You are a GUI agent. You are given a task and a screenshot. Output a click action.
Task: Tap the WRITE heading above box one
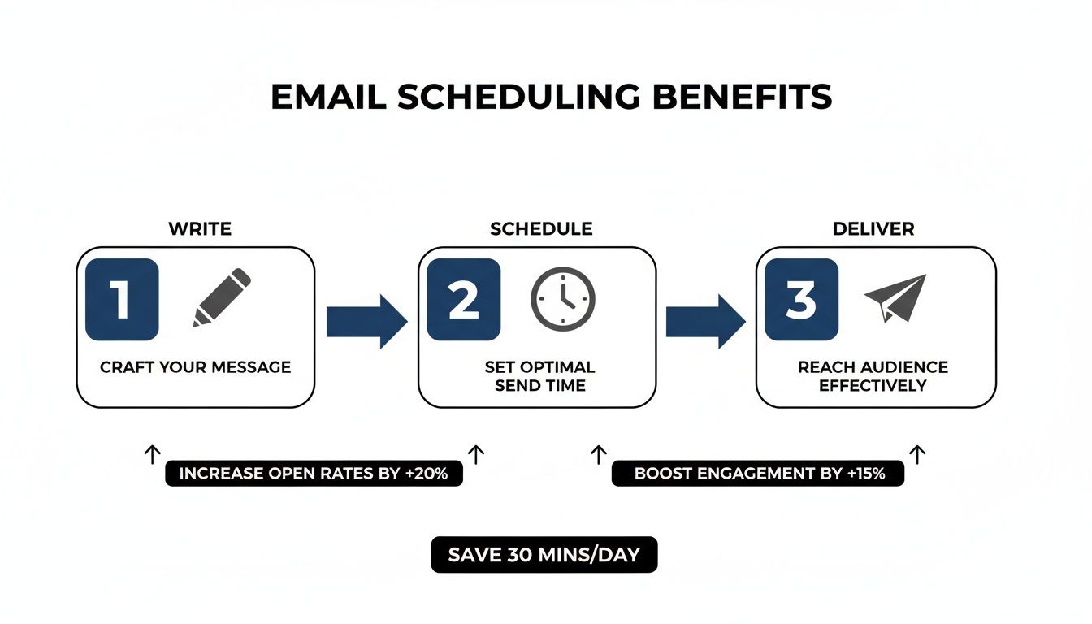[200, 229]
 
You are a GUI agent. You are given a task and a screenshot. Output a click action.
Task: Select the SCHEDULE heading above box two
[541, 229]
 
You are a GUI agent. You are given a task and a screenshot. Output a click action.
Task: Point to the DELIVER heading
[873, 229]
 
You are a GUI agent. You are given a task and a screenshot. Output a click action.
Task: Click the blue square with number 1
[122, 299]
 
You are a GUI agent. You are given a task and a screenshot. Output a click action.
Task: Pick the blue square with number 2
[464, 299]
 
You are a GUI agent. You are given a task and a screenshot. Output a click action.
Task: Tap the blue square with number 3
[801, 299]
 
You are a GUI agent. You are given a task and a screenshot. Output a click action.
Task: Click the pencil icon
[222, 298]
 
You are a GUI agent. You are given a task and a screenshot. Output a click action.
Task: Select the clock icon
[563, 298]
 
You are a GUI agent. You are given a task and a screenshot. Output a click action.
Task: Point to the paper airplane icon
[895, 298]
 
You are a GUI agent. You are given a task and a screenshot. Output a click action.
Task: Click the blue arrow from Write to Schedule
[366, 322]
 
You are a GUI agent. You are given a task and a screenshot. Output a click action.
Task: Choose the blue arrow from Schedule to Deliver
[705, 322]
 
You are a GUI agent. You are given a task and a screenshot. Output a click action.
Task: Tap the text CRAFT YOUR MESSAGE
[195, 367]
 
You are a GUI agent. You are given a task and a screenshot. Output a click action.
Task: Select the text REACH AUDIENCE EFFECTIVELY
[873, 376]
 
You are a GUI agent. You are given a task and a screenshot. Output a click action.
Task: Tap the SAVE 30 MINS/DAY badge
[544, 556]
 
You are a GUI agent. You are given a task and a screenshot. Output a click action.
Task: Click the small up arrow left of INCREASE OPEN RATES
[152, 454]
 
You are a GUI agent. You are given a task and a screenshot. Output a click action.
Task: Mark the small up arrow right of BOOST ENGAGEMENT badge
[918, 454]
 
